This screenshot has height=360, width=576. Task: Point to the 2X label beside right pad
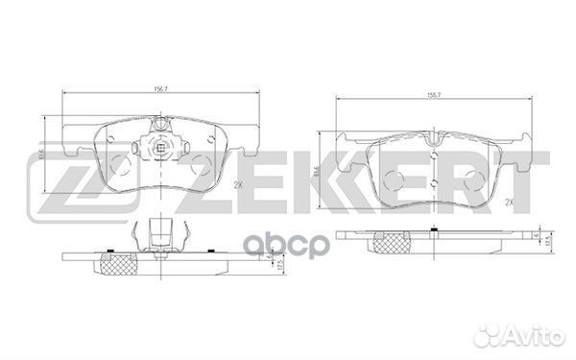tap(511, 202)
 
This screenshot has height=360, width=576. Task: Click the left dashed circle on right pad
tap(393, 178)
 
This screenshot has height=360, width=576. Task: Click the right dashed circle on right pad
tap(473, 178)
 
